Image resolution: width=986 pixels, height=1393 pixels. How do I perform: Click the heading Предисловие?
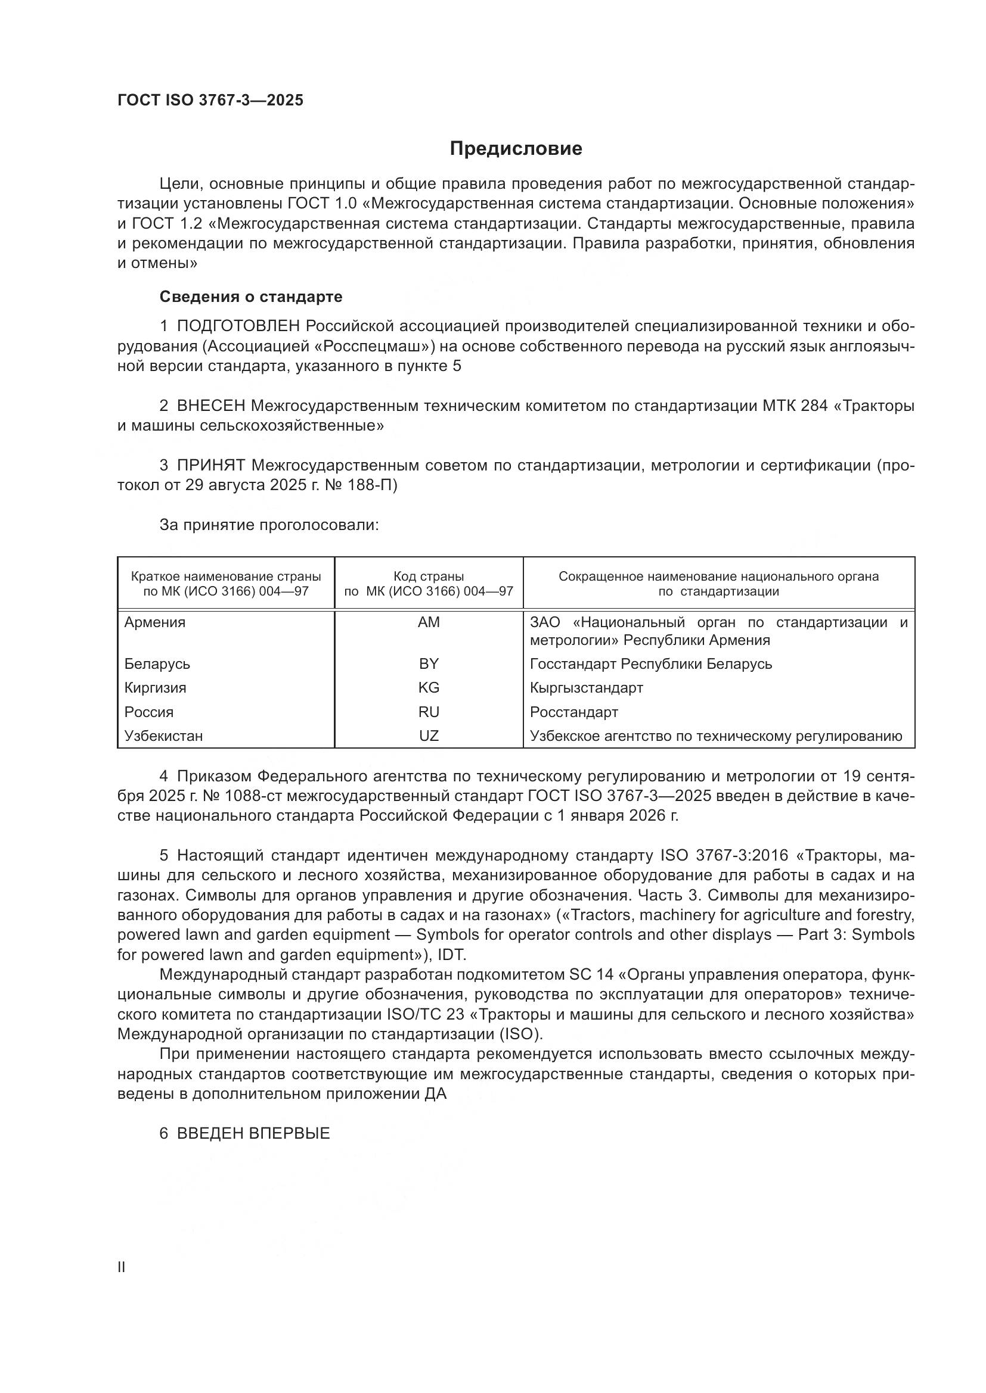coord(516,149)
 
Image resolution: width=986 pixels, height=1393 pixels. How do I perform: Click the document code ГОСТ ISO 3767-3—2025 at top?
coord(210,101)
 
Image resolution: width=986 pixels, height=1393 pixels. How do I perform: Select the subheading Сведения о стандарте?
coord(251,297)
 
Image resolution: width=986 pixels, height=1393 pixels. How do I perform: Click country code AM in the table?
coord(429,622)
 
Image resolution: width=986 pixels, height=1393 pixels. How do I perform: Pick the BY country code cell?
coord(429,663)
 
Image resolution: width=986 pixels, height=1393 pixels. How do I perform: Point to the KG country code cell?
coord(429,687)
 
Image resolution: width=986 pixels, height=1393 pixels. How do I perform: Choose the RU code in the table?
coord(429,712)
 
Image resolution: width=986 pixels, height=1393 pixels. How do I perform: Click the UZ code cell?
coord(429,736)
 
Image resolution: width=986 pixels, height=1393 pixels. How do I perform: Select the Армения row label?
coord(155,622)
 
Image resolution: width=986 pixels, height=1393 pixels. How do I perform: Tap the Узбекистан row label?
coord(163,736)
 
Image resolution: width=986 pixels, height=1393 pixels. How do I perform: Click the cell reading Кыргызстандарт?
coord(586,687)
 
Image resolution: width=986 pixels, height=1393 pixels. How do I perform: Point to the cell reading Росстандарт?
coord(573,712)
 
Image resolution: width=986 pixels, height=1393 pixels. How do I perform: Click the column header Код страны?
coord(429,576)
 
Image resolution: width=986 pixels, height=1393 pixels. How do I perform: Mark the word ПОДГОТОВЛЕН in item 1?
coord(238,326)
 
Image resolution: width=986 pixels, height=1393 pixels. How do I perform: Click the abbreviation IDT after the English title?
coord(451,955)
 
